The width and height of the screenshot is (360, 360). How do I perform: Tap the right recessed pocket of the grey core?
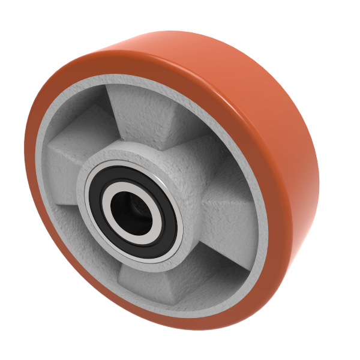pyautogui.click(x=231, y=222)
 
